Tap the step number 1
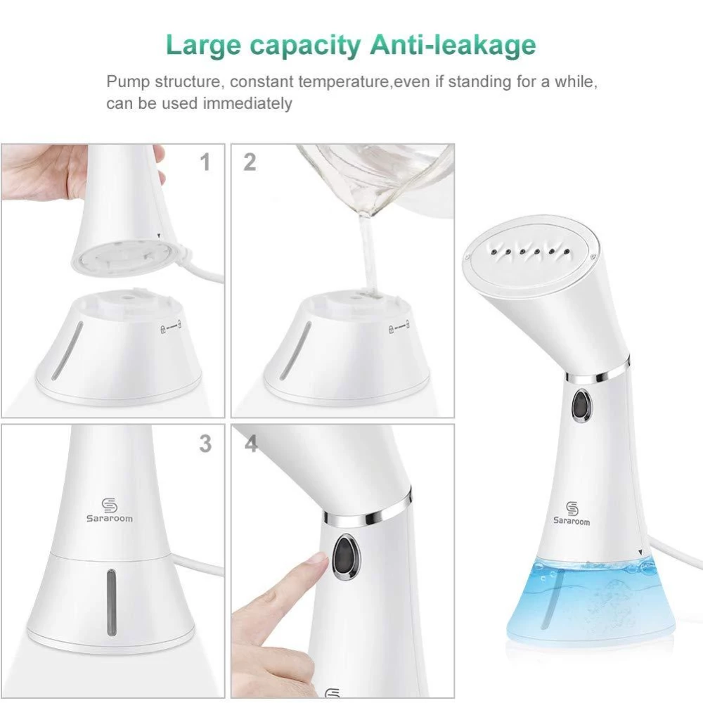[205, 163]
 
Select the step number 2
[250, 163]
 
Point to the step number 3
[205, 444]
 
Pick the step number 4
[250, 444]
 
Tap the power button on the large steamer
[581, 406]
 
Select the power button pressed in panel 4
[344, 553]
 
